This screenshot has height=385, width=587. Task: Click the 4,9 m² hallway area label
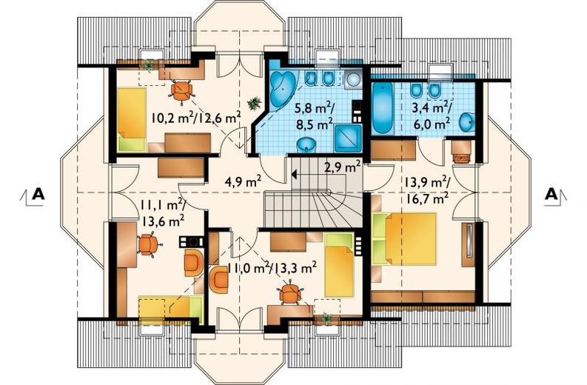243,181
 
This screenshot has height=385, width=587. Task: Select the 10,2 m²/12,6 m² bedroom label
196,118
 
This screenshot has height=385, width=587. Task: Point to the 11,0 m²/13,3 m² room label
272,267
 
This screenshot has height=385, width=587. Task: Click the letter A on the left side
38,195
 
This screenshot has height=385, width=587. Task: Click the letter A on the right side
551,194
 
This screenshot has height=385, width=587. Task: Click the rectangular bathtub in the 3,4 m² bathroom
382,108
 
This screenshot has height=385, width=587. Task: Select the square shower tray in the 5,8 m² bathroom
348,138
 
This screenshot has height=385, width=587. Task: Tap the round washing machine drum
353,79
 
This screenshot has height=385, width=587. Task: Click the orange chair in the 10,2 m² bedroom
181,90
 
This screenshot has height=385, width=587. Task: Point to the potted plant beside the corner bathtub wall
254,103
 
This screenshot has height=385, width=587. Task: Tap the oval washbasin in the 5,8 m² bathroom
306,145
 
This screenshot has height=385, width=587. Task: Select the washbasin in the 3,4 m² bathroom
466,122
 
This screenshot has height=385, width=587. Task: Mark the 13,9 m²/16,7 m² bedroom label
426,190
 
